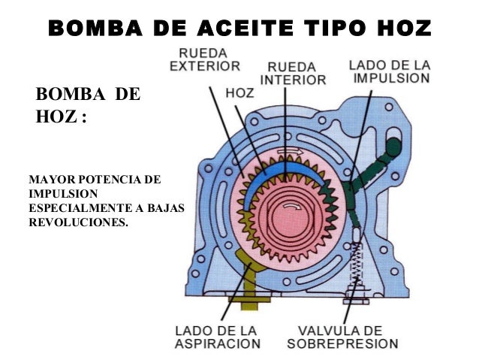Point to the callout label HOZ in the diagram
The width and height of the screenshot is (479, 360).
point(239,95)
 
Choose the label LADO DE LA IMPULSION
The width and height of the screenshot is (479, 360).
point(389,70)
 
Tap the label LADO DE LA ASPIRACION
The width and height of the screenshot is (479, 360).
point(218,337)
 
